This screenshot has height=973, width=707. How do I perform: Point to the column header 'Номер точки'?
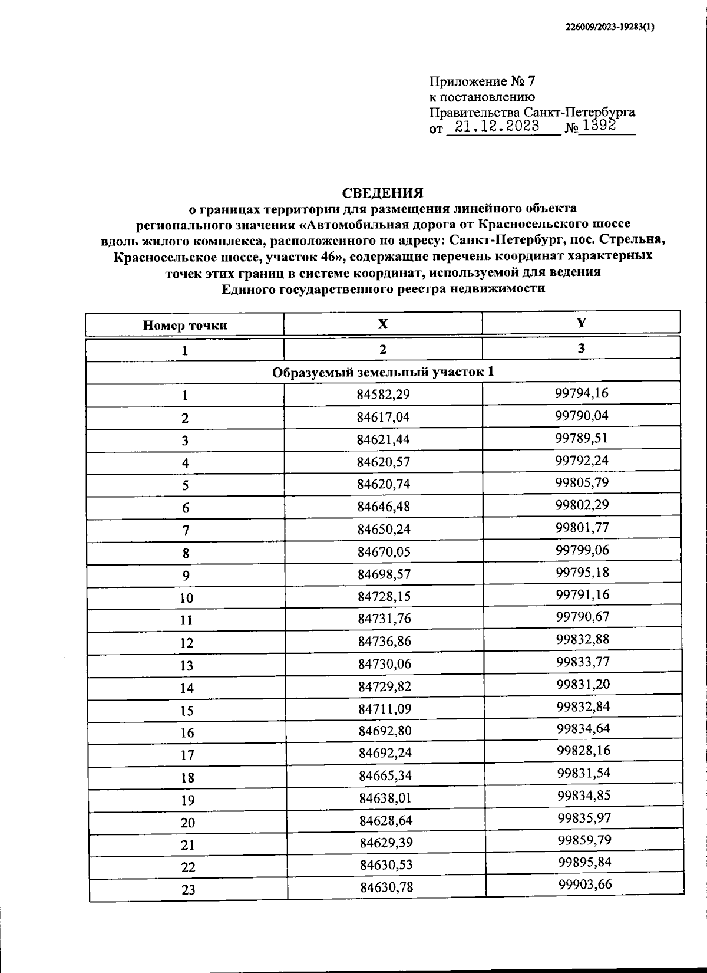click(185, 325)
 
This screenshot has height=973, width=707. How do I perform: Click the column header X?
click(383, 324)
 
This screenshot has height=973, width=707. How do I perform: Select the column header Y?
click(582, 323)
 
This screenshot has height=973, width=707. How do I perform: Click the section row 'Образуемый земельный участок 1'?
click(383, 372)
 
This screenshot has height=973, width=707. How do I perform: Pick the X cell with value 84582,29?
click(384, 395)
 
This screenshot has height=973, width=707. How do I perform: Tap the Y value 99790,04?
click(582, 416)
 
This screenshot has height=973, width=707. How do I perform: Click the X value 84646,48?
click(384, 507)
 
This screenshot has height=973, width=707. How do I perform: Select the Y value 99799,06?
click(583, 550)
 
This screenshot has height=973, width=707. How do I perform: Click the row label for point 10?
click(186, 598)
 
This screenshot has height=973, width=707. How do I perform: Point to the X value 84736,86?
click(384, 641)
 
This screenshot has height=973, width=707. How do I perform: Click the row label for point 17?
click(187, 755)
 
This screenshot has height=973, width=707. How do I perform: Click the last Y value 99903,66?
click(585, 884)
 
